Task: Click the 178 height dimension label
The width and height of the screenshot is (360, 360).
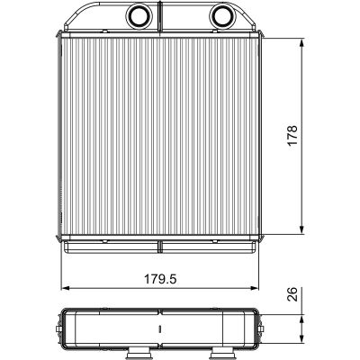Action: [x=292, y=136]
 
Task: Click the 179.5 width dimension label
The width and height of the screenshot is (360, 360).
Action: [x=160, y=279]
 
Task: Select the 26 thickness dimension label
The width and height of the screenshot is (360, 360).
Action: [x=292, y=294]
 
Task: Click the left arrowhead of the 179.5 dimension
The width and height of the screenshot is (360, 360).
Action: [x=65, y=288]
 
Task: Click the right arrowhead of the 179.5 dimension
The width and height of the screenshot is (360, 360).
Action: [x=254, y=288]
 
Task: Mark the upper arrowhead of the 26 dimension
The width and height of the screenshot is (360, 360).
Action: [x=302, y=319]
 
